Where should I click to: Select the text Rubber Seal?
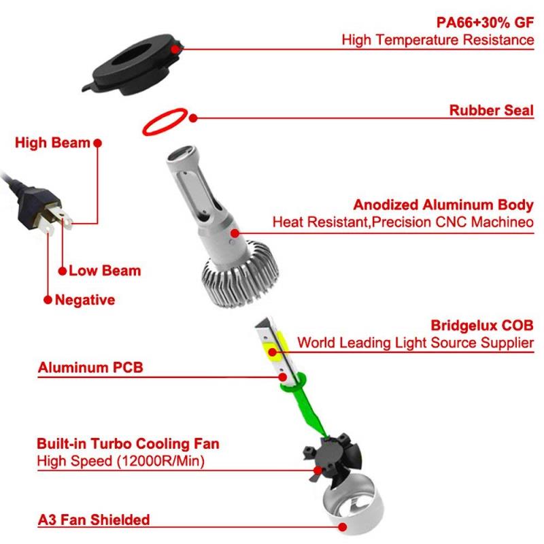491,110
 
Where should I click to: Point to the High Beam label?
52,143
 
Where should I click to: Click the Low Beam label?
105,271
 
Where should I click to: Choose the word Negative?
85,299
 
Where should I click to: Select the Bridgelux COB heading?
482,325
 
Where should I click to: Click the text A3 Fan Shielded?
94,520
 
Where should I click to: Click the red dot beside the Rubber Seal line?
194,118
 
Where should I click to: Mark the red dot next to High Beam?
97,143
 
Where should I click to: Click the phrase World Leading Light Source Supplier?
415,342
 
